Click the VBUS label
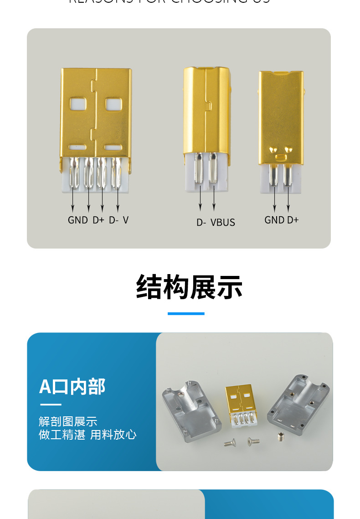pos(223,223)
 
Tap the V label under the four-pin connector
pos(126,220)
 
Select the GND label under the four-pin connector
pos(77,220)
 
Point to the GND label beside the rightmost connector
pos(274,220)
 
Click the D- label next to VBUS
pos(201,223)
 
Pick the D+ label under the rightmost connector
pos(293,220)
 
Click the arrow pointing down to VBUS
pos(214,196)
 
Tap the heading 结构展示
pos(189,287)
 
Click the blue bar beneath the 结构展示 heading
pos(186,314)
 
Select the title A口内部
pos(72,386)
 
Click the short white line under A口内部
pos(50,405)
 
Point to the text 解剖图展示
pos(68,421)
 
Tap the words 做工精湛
pos(62,435)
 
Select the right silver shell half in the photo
pos(298,401)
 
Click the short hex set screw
pos(280,438)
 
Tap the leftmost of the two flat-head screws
pos(230,442)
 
